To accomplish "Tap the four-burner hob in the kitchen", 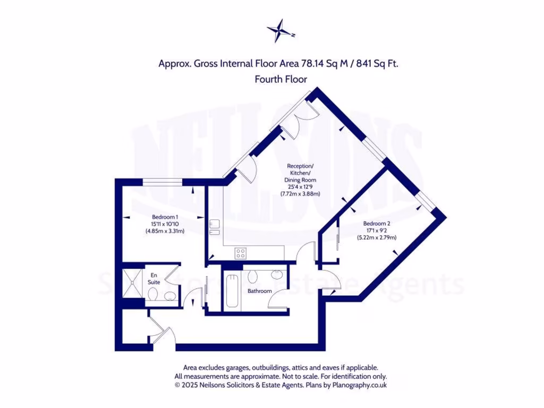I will coord(241,253).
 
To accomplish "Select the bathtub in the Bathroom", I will coord(232,291).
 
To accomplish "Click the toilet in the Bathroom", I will coord(253,276).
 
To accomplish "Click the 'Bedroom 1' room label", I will coord(165,217).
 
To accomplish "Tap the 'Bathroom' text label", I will coord(260,291).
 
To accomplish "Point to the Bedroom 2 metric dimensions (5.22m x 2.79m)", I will coord(377,238).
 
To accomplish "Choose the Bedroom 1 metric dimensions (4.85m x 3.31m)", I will coord(165,231).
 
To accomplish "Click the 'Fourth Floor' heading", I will coord(281,79).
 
